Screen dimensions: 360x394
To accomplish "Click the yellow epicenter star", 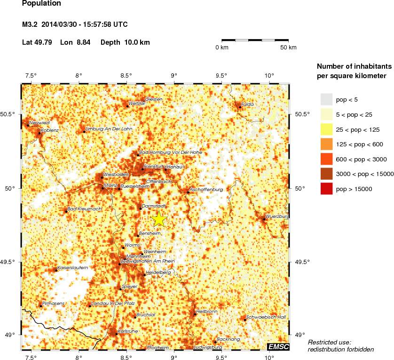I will (159, 219).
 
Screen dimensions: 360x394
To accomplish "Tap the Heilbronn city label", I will (206, 311).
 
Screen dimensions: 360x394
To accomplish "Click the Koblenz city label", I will (49, 130).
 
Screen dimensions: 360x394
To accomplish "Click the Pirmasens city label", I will (53, 304).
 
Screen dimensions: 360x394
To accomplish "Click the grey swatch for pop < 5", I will (327, 99).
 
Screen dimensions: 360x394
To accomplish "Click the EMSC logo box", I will (278, 347).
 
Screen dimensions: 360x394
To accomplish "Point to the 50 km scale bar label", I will (288, 48).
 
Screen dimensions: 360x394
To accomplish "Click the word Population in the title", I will (41, 4).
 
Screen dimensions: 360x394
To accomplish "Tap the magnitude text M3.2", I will (31, 24).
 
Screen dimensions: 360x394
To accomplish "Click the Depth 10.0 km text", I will (125, 42).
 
